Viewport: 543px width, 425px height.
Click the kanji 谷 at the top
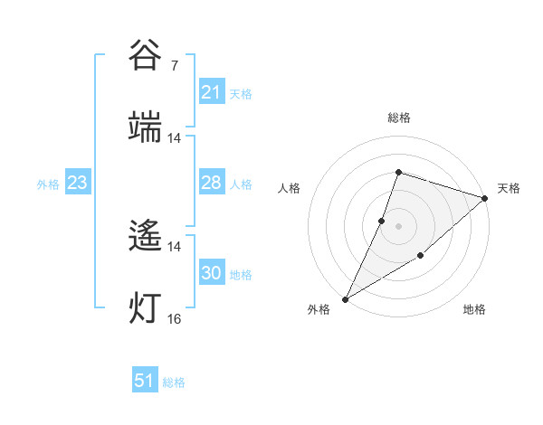[146, 54]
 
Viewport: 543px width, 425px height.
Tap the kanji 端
[146, 127]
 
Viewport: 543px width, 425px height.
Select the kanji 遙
[146, 237]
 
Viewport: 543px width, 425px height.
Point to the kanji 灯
[146, 307]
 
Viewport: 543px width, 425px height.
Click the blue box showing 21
[212, 92]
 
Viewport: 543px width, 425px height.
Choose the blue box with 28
[212, 183]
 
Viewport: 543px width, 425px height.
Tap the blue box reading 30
[212, 273]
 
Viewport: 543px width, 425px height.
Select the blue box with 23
[78, 183]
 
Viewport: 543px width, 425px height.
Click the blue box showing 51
[145, 382]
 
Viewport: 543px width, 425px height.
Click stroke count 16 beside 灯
[175, 318]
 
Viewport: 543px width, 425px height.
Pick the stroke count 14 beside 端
[175, 138]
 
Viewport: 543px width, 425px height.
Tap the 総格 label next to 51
[174, 382]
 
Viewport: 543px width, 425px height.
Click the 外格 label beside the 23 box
[48, 184]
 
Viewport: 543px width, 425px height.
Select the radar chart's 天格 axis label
[509, 188]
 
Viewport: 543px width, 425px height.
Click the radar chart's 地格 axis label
[474, 309]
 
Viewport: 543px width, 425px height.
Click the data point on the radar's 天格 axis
[485, 198]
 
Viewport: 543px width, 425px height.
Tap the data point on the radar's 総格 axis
[398, 172]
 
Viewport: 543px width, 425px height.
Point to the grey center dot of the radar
[398, 225]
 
